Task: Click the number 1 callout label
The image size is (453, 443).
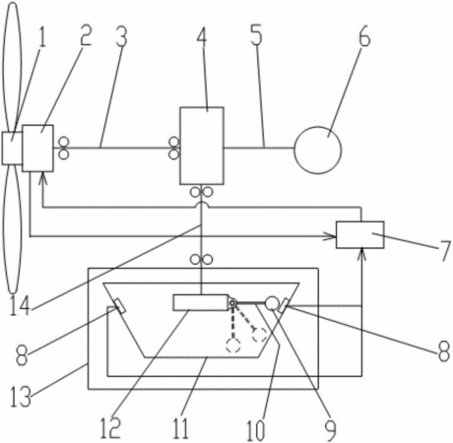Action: coord(41,36)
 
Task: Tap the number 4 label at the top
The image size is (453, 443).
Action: coord(202,36)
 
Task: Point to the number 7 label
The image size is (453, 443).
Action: coord(445,251)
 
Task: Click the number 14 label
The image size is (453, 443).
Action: coord(21,305)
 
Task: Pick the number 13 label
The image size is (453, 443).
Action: coord(21,396)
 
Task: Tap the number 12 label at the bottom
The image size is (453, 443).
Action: coord(110,428)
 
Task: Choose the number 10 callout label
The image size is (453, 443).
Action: coord(256,430)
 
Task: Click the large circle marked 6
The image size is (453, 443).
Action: coord(318,150)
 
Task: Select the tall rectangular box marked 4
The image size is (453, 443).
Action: coord(202,146)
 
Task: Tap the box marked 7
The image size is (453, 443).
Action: coord(359,234)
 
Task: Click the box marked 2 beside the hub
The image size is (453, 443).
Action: coord(37,148)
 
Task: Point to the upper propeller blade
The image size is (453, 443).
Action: coord(13,67)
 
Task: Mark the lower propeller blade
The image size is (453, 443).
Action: coord(13,229)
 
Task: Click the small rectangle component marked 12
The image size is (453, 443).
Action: coord(201,302)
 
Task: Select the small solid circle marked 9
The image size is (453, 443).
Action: coord(272,303)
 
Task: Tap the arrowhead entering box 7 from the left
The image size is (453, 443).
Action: coord(331,236)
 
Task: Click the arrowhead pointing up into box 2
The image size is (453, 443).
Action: coord(42,178)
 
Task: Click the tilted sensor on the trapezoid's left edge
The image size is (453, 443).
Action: coord(119,306)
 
